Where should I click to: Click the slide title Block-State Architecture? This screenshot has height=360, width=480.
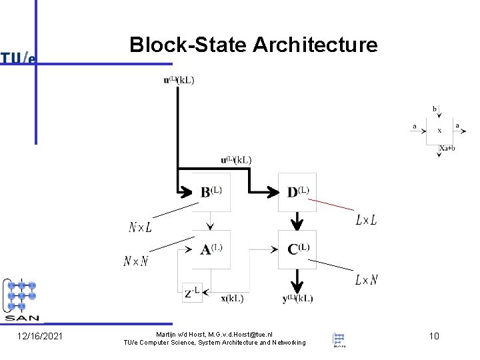click(x=253, y=45)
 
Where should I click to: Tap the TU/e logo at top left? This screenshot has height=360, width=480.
click(x=18, y=58)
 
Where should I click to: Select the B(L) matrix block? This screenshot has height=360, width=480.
click(x=211, y=192)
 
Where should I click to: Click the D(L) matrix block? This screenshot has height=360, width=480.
click(x=297, y=192)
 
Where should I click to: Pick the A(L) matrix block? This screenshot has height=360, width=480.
click(x=211, y=249)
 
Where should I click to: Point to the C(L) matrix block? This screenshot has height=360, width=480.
click(x=297, y=249)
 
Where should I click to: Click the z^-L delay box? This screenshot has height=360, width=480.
click(x=192, y=292)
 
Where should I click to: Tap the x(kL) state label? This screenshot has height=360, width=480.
click(x=232, y=299)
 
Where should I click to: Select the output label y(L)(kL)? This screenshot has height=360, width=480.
click(x=297, y=299)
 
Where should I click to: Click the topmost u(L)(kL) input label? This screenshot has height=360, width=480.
click(x=179, y=81)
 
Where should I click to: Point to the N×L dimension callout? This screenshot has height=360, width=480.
click(x=140, y=227)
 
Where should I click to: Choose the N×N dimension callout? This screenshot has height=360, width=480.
click(x=136, y=261)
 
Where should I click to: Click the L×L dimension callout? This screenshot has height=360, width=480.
click(x=366, y=219)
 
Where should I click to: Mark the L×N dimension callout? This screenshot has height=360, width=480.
click(x=366, y=280)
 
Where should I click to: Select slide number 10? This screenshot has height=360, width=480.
click(x=434, y=336)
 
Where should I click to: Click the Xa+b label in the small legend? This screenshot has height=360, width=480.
click(x=447, y=148)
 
